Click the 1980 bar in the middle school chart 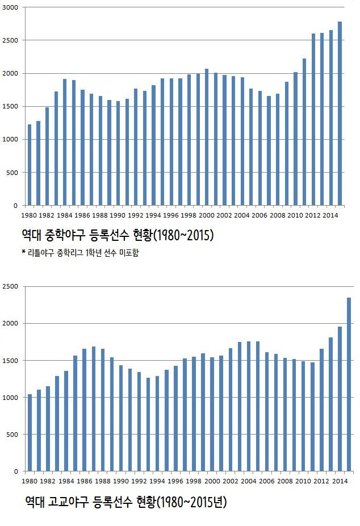30,165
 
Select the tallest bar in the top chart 340,114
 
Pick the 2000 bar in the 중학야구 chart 207,137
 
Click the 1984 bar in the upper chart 65,142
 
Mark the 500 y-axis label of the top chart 12,173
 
